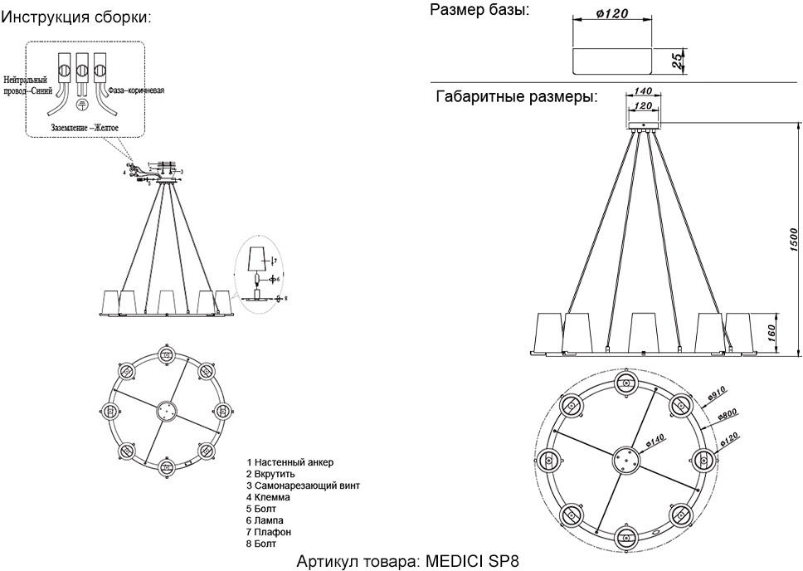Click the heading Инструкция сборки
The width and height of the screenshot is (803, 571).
coord(75,17)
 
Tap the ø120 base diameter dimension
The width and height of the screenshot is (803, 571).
coord(611,13)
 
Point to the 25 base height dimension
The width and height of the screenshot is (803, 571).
coord(678,59)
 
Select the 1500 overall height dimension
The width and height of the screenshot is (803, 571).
coord(792,240)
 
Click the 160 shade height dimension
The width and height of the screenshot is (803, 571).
coord(771,333)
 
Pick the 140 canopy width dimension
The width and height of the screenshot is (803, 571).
coord(645,92)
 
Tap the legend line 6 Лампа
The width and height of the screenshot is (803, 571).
coord(265,520)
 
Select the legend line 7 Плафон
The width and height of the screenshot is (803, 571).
coord(269,531)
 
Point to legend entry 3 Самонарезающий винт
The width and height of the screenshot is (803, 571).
coord(303,485)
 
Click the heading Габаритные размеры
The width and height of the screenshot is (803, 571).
coord(517,97)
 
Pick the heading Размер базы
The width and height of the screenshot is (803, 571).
coord(479,10)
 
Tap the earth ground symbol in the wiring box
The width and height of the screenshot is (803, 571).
coord(82,105)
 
